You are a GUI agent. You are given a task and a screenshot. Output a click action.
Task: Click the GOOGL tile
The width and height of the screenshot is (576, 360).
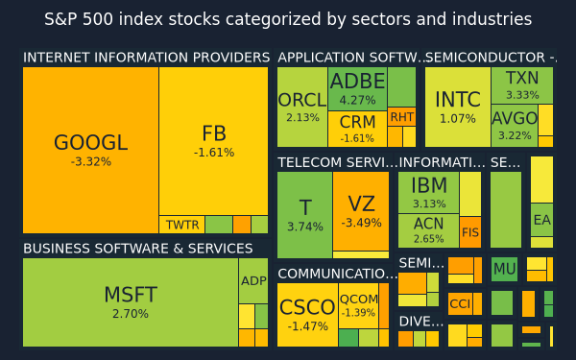[x=90, y=150]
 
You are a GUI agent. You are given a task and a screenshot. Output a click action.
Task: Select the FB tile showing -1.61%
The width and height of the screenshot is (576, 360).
[x=213, y=141]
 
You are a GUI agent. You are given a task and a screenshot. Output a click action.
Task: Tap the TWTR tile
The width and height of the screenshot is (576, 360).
[x=181, y=225]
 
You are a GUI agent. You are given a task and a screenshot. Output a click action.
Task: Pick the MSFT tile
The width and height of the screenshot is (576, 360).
[x=131, y=302]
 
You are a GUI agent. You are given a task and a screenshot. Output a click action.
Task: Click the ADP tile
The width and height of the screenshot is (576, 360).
[x=253, y=281]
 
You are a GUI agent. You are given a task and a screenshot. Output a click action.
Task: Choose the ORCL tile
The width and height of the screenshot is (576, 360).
[x=302, y=107]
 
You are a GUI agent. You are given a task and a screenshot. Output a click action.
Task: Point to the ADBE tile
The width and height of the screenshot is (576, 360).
[x=358, y=88]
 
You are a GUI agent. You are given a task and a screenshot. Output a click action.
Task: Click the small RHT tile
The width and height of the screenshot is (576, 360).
[x=402, y=117]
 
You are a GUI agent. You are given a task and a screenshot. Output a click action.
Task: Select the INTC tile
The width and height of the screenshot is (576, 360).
[x=458, y=107]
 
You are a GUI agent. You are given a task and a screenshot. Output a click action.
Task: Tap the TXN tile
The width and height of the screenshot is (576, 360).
[x=522, y=85]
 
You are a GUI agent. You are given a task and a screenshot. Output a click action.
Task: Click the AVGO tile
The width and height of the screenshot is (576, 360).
[x=515, y=126]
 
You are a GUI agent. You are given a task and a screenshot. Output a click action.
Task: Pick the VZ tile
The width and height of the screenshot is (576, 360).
[x=361, y=211]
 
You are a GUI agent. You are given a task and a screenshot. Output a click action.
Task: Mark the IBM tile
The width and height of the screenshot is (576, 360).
[x=429, y=192]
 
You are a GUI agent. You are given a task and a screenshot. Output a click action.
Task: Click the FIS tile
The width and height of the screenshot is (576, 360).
[x=470, y=232]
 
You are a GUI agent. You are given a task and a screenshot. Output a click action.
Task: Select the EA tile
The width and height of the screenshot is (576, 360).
[x=541, y=220]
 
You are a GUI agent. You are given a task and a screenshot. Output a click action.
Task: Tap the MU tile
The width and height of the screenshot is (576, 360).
[x=504, y=269]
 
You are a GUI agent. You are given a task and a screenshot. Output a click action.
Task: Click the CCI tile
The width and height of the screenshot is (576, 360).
[x=460, y=303]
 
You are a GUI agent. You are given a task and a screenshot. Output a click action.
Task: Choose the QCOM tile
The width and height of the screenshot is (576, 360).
[x=358, y=305]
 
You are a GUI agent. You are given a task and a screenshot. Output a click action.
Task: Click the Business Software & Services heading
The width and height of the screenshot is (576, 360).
[x=137, y=249]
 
